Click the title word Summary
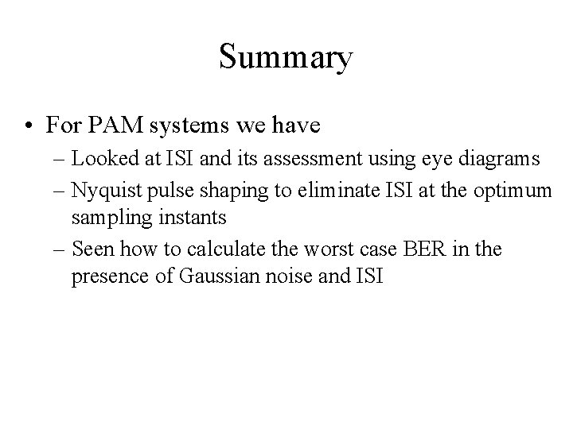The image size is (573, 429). coord(286,59)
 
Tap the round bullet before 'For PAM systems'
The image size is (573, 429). coord(28,126)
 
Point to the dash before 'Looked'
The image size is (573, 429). coord(58,158)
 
